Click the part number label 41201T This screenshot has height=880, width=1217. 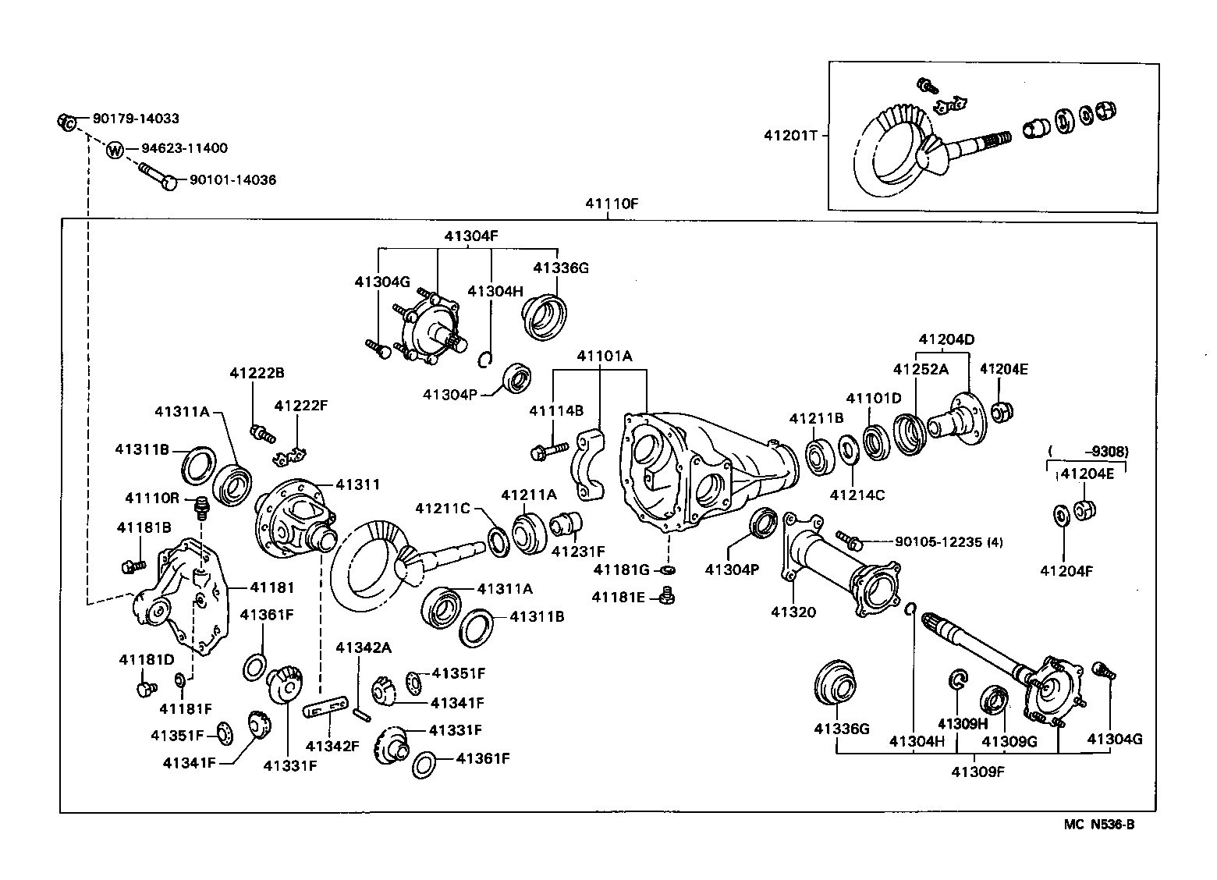790,135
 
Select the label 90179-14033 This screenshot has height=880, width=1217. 136,119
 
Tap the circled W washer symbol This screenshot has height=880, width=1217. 115,149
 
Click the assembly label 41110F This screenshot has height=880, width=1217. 612,204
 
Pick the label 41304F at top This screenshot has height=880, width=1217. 470,235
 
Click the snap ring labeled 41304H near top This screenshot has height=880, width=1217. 485,359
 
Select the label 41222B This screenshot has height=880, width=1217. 256,373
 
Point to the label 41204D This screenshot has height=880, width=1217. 946,339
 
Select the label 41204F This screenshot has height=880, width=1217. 1066,571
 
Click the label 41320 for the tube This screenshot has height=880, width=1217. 793,612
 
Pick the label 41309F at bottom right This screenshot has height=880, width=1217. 978,772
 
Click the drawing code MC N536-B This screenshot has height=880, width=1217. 1098,825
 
